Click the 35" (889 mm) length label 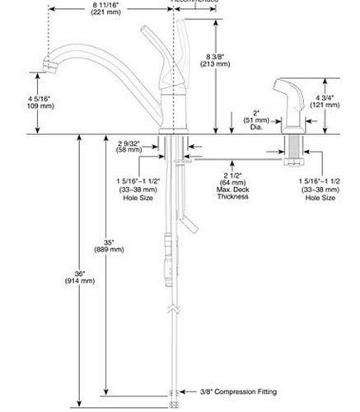point(104,244)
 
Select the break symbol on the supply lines point(171,309)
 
